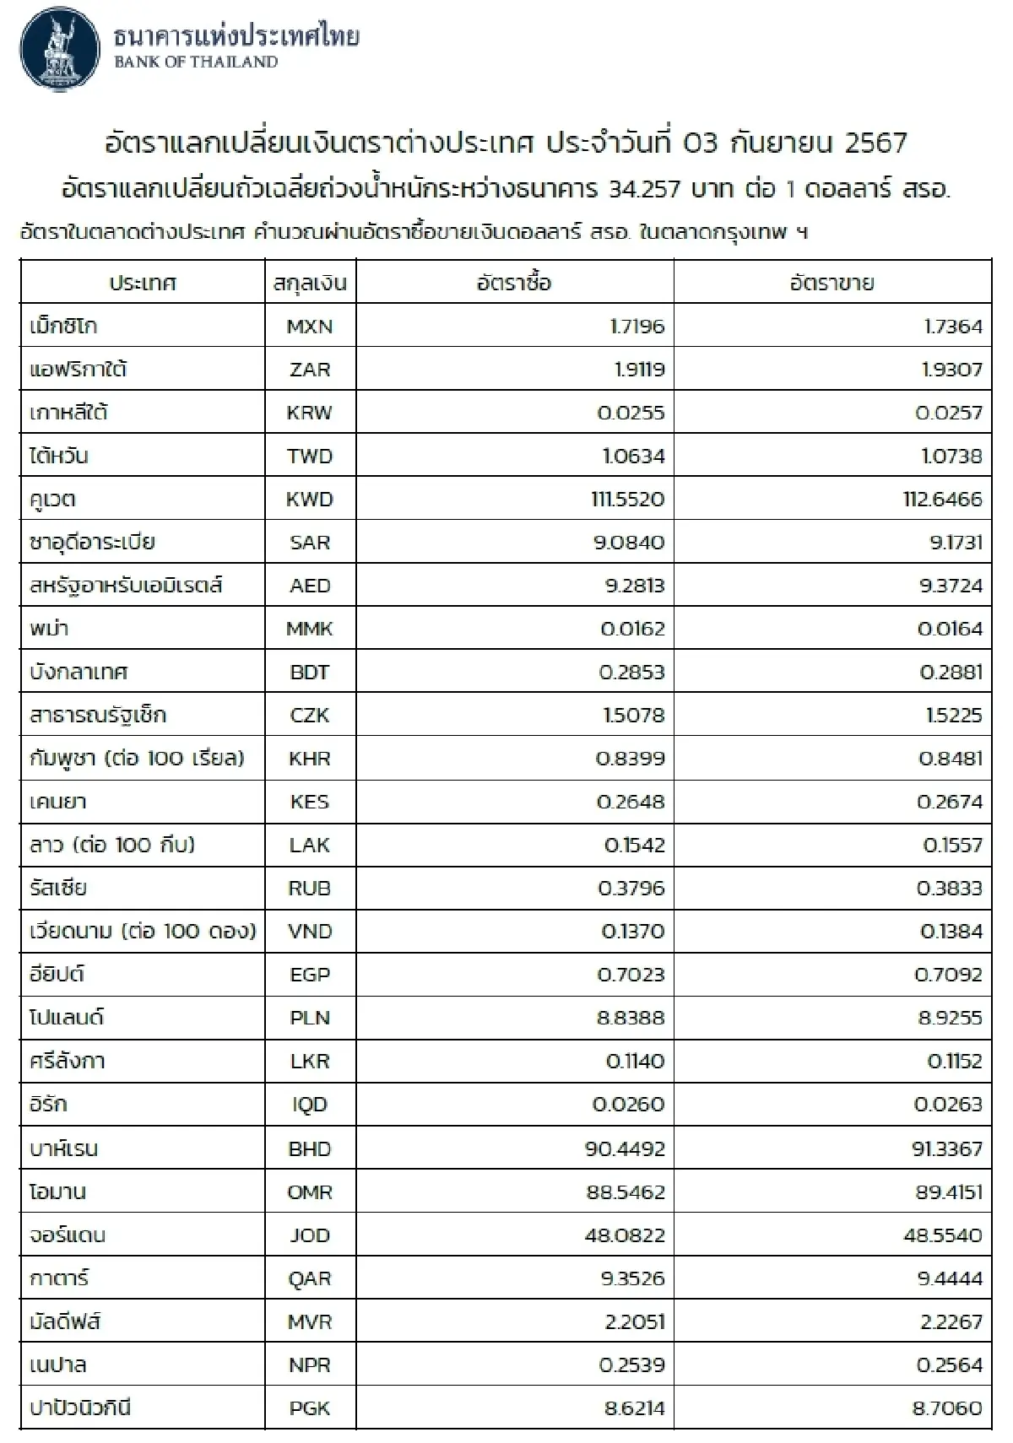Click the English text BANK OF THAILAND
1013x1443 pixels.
(196, 62)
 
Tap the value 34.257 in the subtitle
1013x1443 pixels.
(643, 189)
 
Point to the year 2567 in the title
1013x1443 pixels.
(875, 143)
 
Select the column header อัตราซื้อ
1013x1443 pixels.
(514, 284)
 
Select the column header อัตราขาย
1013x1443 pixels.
(832, 284)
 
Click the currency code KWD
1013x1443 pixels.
(310, 500)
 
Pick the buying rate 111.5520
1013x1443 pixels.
(627, 500)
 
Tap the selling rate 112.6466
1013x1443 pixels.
(942, 500)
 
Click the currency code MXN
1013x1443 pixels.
(310, 327)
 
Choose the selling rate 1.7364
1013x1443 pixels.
(953, 327)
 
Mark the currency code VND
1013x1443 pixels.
(310, 932)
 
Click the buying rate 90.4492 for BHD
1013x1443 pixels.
(625, 1148)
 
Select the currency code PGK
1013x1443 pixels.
(310, 1408)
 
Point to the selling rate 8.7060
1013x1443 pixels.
(947, 1408)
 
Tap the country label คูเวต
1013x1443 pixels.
(52, 500)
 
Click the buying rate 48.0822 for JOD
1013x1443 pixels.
(625, 1235)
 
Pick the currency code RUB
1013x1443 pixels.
(310, 889)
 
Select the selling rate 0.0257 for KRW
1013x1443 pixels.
(950, 413)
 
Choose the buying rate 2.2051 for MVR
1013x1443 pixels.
(634, 1321)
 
